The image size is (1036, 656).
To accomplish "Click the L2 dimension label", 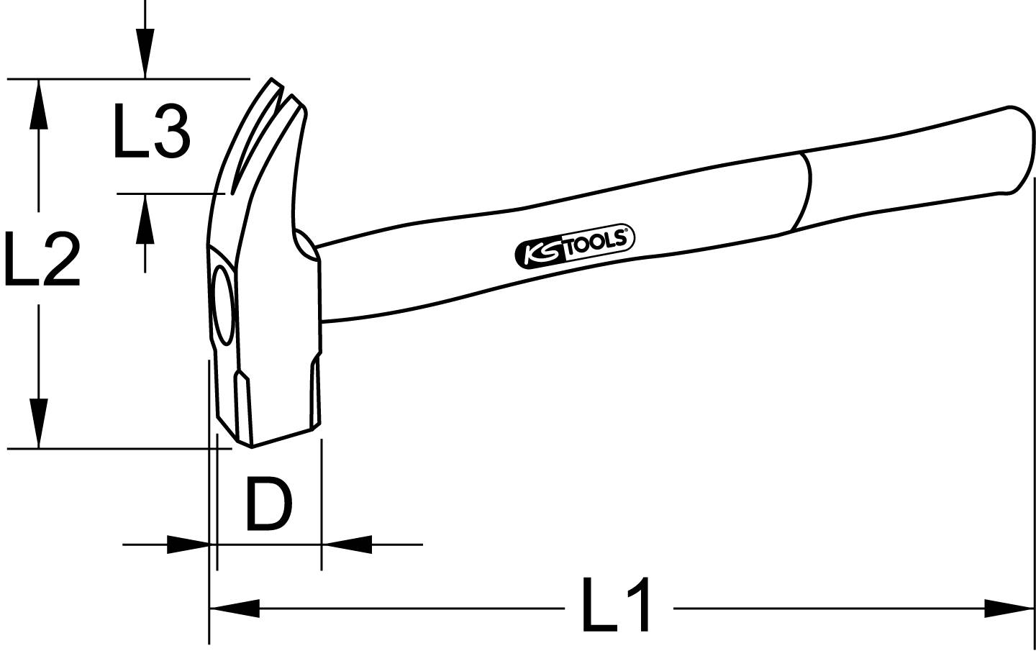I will coord(41,258).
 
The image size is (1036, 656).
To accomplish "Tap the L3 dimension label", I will coord(151,131).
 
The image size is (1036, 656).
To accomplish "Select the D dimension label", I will coord(268,504).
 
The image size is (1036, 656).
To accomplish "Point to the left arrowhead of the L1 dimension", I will coord(235,609).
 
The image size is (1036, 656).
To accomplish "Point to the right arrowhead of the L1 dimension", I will coord(1009,609).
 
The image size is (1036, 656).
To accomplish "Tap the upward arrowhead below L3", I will coord(145,219).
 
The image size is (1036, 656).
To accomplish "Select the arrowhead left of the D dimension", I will coord(188,545).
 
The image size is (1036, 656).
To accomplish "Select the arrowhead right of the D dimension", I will coord(347,545).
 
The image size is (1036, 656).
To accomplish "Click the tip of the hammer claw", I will coord(273,81).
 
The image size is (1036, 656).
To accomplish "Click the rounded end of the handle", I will coord(1020,147).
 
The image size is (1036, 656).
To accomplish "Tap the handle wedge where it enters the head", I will coord(305,245).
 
